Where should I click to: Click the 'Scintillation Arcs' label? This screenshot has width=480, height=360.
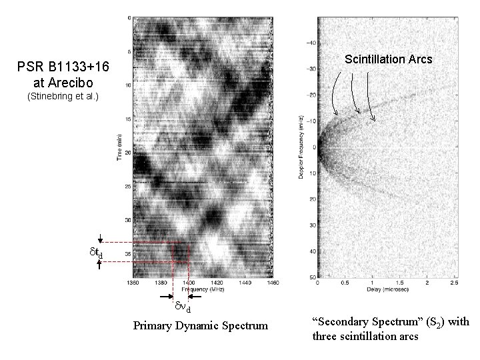388,59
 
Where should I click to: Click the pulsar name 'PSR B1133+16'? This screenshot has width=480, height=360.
60,68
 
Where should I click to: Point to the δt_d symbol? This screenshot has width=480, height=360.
97,253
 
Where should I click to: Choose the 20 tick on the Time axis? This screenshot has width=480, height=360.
127,152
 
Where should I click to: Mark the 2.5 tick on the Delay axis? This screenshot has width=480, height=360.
454,283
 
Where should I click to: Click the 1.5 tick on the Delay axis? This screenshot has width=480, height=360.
399,283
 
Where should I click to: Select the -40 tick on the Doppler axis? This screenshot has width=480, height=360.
310,43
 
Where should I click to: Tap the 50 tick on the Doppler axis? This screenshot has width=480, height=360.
311,277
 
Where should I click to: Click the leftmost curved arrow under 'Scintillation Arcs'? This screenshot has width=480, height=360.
335,93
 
